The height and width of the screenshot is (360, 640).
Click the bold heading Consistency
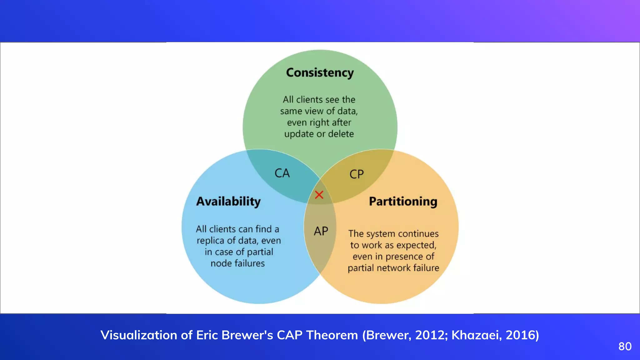tap(320, 73)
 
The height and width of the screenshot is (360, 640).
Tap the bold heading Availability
tap(228, 202)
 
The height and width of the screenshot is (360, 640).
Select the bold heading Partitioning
tap(403, 202)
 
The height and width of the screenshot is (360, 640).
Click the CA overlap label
tap(282, 173)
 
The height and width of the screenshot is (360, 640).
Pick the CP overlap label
tap(357, 174)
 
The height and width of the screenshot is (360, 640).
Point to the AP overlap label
tap(321, 231)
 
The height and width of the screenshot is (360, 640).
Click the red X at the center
tap(319, 195)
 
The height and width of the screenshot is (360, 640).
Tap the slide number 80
tap(625, 347)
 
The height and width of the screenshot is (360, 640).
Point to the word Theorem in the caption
tap(332, 335)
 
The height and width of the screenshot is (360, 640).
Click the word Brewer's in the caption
tap(247, 335)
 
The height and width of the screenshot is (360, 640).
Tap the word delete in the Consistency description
tap(341, 134)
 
